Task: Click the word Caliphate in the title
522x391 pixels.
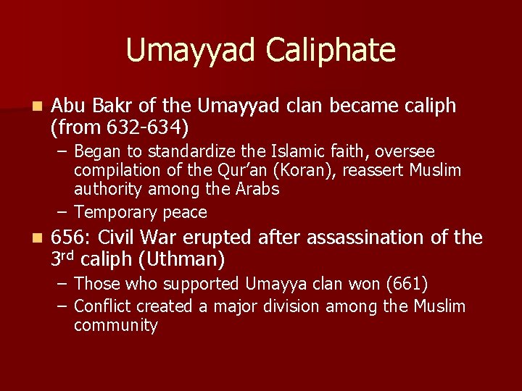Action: point(331,51)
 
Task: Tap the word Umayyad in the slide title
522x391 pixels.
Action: point(191,51)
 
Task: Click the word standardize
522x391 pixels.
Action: point(195,151)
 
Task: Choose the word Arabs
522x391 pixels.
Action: point(257,190)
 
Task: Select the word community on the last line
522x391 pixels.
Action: point(115,326)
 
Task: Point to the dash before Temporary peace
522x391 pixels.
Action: point(63,213)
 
